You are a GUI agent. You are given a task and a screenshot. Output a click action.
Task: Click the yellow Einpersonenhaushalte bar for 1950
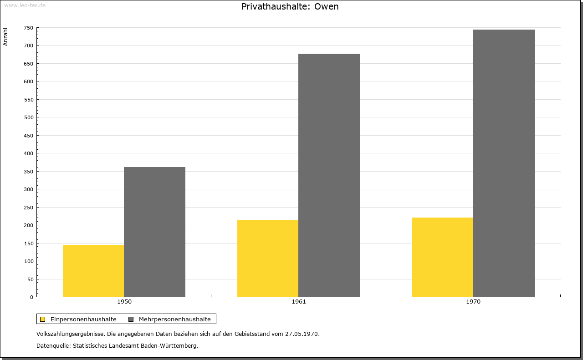coord(93,271)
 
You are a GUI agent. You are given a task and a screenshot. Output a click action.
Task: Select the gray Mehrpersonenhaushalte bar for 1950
coord(154,232)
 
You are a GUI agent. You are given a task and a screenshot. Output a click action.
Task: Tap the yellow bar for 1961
coord(268,259)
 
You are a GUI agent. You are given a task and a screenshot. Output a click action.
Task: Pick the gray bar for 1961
coord(329,175)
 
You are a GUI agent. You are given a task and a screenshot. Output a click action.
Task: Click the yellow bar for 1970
coord(443,257)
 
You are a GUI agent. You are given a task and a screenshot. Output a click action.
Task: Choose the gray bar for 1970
coord(504,163)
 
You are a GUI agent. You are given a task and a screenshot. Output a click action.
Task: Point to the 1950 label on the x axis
coord(124,302)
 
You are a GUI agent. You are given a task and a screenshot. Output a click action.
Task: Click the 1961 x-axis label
coord(299,302)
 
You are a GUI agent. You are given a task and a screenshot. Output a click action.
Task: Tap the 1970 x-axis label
coord(473,302)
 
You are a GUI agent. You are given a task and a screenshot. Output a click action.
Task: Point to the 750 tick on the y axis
coord(29,28)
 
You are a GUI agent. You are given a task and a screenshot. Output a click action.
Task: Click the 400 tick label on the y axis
coord(29,153)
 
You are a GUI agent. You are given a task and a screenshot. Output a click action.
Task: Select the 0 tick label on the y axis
coord(32,297)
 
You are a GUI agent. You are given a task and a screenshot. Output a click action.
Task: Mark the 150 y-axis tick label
coord(29,243)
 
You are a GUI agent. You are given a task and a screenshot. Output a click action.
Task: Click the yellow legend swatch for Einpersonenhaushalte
coord(43,319)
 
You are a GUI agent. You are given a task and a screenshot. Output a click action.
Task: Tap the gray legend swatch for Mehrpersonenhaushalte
coord(131,319)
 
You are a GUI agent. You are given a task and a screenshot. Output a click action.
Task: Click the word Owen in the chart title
coord(327,6)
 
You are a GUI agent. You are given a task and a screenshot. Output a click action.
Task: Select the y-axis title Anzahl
coord(5,37)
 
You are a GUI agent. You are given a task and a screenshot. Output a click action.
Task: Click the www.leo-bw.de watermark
coord(25,5)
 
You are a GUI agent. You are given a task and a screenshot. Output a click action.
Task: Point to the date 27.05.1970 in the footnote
coord(302,334)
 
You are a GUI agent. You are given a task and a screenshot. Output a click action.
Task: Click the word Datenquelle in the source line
coord(53,346)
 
